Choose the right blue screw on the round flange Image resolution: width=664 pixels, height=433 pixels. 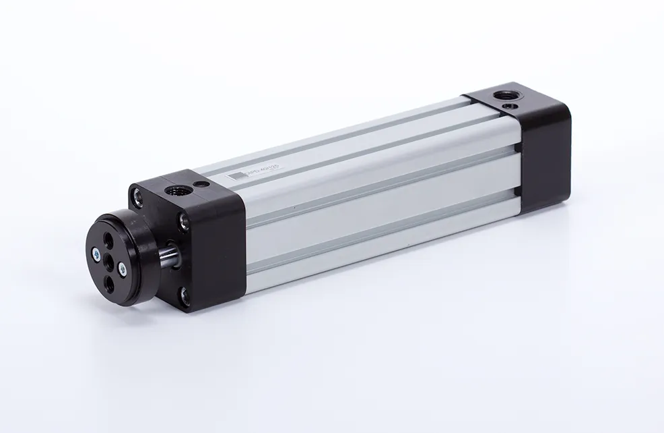click(121, 270)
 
